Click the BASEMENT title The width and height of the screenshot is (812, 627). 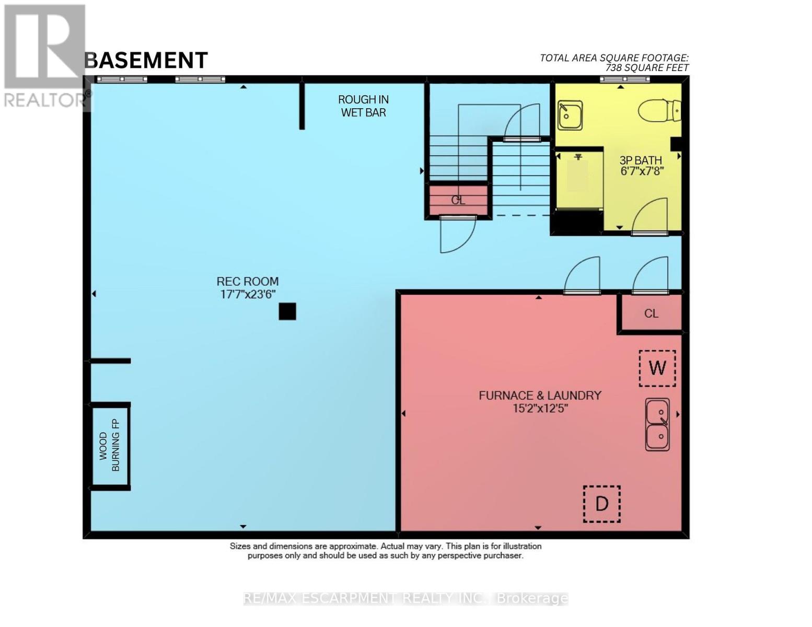pos(146,60)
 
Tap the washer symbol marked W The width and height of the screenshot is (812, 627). pos(657,368)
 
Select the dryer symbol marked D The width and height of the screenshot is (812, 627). pos(602,504)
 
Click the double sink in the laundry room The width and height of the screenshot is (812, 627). pos(657,424)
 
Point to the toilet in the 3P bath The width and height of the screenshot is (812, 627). pos(659,110)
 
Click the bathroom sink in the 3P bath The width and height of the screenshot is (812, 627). pos(570,115)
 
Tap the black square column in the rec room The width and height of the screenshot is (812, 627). pos(287,311)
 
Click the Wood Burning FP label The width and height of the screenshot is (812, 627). pos(110,445)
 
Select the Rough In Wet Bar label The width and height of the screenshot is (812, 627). pos(363,106)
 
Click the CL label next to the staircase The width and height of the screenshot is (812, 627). pos(458,200)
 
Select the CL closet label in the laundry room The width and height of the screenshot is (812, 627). pos(651,313)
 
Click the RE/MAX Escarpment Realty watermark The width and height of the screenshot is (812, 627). pos(406,598)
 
